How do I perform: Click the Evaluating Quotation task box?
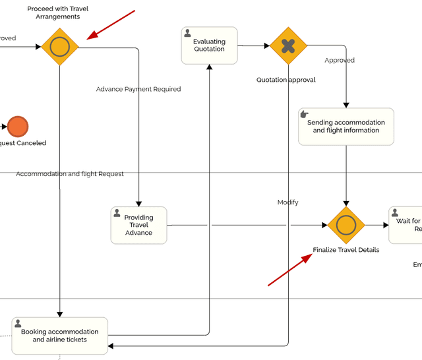point(209,45)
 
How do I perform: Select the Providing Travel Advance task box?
point(138,225)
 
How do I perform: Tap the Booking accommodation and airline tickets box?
point(59,336)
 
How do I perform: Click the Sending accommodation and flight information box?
point(346,127)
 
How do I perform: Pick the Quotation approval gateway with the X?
point(288,45)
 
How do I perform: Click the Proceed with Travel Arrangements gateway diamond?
point(60,47)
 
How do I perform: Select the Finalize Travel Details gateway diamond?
point(346,225)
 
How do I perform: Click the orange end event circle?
point(18,126)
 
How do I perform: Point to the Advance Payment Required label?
point(138,89)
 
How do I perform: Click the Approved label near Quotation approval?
point(339,60)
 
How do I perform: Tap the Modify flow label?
point(287,202)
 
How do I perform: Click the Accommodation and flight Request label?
point(70,174)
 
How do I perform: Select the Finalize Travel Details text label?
point(346,250)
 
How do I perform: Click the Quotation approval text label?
point(286,80)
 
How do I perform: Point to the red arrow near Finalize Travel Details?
point(289,270)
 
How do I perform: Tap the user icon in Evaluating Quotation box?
point(188,33)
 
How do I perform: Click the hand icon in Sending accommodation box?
point(305,114)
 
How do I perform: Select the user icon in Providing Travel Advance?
point(117,213)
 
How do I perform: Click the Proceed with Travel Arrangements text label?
point(57,13)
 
